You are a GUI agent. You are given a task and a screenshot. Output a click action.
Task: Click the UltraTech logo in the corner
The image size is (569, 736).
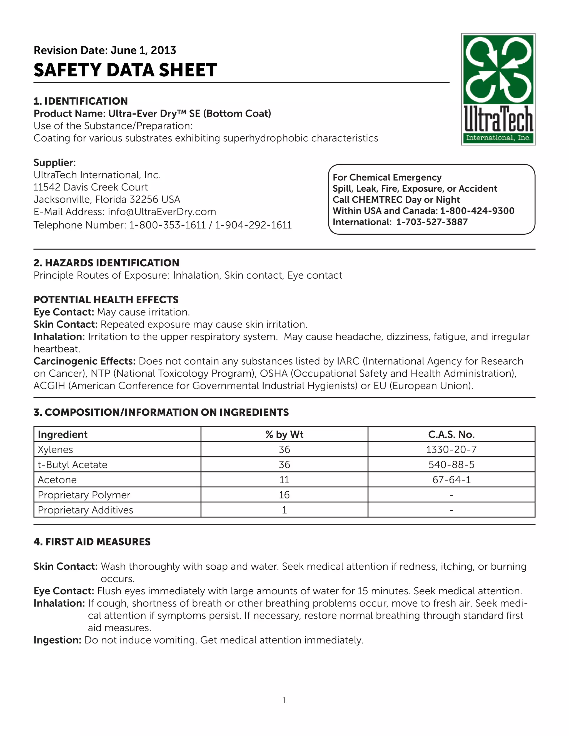click(498, 89)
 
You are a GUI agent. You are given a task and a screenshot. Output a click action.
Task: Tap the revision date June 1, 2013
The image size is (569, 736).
click(143, 50)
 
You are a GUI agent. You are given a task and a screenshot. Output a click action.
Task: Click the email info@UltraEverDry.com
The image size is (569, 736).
click(162, 212)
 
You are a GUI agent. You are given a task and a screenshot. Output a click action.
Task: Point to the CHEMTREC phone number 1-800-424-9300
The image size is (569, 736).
click(477, 211)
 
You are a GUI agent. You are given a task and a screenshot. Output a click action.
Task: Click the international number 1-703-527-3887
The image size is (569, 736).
click(432, 222)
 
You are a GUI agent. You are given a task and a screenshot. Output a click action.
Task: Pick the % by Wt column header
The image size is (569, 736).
click(284, 434)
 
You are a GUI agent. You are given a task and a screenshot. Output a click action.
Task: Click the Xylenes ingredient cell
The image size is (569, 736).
click(55, 450)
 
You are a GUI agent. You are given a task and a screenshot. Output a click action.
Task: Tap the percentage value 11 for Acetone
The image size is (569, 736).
click(284, 480)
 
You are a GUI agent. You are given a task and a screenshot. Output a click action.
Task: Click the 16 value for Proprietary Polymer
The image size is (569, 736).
click(284, 495)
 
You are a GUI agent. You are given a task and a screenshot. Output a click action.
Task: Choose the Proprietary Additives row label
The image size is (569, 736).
click(85, 510)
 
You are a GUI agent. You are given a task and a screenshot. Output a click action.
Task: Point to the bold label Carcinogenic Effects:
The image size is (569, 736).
click(84, 361)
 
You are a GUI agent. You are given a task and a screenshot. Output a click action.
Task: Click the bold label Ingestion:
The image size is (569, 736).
click(57, 640)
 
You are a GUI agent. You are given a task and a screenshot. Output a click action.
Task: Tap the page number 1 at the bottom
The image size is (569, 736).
click(284, 700)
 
